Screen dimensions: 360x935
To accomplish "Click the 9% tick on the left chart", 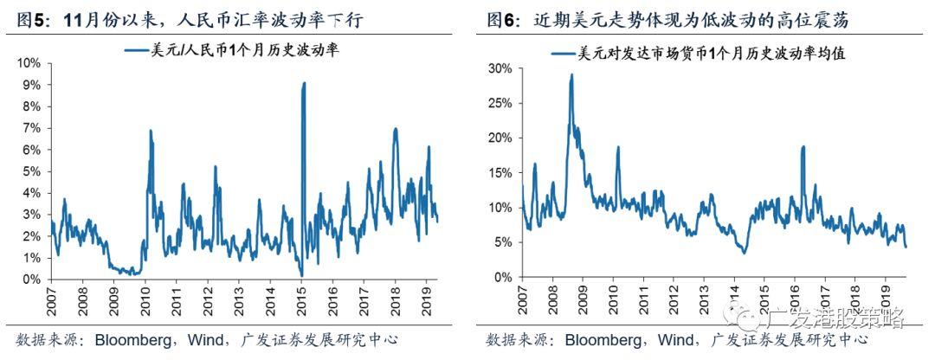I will tap(29, 85).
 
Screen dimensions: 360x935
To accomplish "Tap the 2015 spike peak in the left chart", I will tap(304, 84).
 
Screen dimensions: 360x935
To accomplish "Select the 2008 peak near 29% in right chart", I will tap(571, 75).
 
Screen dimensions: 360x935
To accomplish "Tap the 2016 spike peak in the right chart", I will tap(803, 147).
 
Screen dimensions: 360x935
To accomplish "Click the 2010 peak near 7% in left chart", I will tap(151, 131).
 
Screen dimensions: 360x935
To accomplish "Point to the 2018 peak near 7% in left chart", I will tap(396, 129).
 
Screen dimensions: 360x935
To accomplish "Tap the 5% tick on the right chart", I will tap(504, 242).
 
